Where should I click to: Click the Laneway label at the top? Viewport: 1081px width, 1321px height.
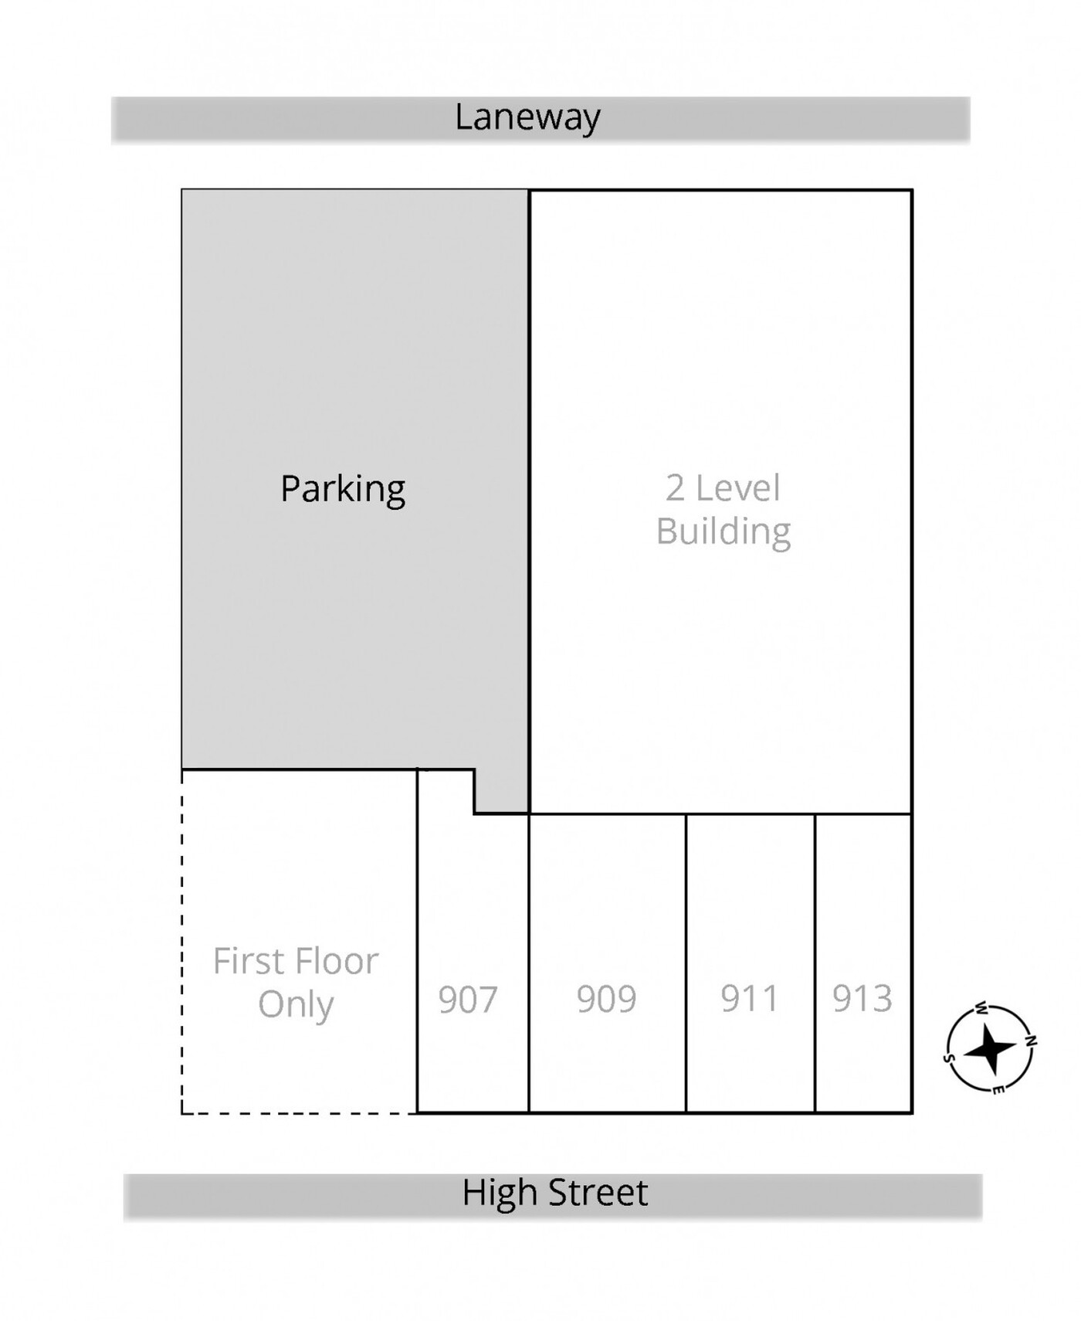click(x=527, y=117)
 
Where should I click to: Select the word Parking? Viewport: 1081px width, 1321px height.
click(x=343, y=490)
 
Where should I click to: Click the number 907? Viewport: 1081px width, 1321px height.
click(x=468, y=999)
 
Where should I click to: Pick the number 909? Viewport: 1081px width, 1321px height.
click(x=606, y=999)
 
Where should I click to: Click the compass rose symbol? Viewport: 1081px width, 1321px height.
click(x=991, y=1048)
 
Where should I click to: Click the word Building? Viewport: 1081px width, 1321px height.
click(x=723, y=532)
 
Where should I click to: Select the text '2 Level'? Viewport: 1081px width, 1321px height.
click(x=723, y=488)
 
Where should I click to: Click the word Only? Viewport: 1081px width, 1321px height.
click(x=296, y=1005)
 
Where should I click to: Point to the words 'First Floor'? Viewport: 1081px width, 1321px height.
click(x=296, y=962)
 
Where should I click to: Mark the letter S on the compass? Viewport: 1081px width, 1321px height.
click(x=949, y=1058)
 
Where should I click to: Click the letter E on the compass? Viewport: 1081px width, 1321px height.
click(x=998, y=1089)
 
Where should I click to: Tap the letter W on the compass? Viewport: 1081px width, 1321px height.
click(x=981, y=1008)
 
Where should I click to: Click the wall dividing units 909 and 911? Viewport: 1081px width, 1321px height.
click(x=686, y=963)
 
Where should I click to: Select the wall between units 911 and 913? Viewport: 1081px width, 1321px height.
click(x=815, y=963)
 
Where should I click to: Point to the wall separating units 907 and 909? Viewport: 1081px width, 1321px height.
click(x=529, y=963)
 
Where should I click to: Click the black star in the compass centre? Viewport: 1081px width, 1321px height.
click(x=991, y=1048)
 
